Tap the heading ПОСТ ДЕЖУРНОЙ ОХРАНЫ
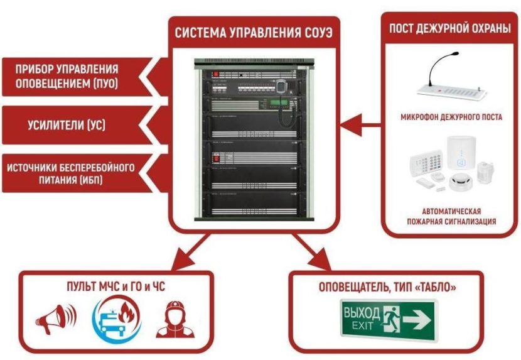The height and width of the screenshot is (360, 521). pyautogui.click(x=449, y=28)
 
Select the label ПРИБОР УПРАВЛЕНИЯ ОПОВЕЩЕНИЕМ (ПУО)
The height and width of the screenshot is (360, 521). pyautogui.click(x=69, y=75)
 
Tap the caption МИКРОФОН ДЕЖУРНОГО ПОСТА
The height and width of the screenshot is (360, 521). pyautogui.click(x=450, y=117)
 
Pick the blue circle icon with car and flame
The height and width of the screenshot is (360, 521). pyautogui.click(x=117, y=319)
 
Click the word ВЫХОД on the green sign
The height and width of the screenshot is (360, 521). pyautogui.click(x=362, y=313)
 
